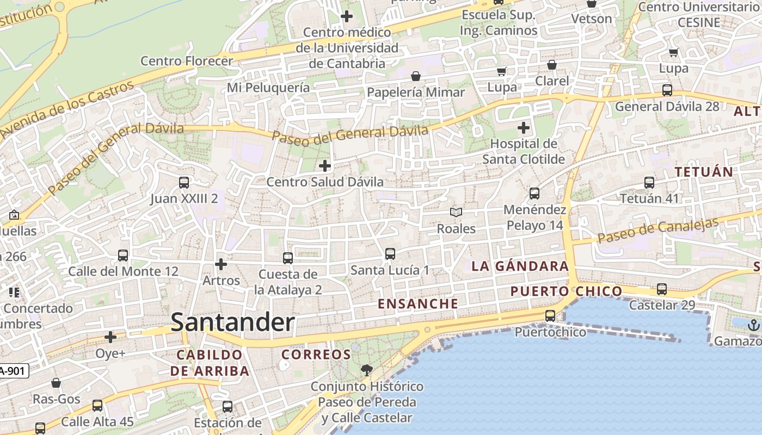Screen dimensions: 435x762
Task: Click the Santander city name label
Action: [232, 322]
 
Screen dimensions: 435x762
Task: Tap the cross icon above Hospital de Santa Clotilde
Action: [524, 128]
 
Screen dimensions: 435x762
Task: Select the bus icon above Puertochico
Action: [550, 316]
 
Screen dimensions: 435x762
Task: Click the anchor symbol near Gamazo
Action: [754, 325]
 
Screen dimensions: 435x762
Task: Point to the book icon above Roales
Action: [456, 213]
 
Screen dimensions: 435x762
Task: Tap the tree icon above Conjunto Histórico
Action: [367, 371]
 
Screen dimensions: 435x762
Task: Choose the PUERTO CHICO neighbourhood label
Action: [566, 291]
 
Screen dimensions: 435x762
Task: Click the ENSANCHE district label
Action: [418, 304]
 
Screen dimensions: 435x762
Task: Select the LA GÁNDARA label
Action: [520, 266]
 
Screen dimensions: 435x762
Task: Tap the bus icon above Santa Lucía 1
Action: [390, 254]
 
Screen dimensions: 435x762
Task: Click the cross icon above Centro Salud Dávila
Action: [325, 166]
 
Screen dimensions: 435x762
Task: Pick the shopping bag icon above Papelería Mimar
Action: [416, 76]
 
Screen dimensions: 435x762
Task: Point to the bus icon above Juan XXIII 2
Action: [184, 183]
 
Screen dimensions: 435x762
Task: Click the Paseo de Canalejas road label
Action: [658, 231]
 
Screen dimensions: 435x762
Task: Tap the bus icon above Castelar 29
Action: [662, 289]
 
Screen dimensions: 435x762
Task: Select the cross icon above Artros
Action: [221, 264]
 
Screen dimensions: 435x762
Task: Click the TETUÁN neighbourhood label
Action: [704, 172]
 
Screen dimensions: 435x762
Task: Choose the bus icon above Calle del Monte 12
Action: [123, 256]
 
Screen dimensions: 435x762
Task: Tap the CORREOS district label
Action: [316, 355]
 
